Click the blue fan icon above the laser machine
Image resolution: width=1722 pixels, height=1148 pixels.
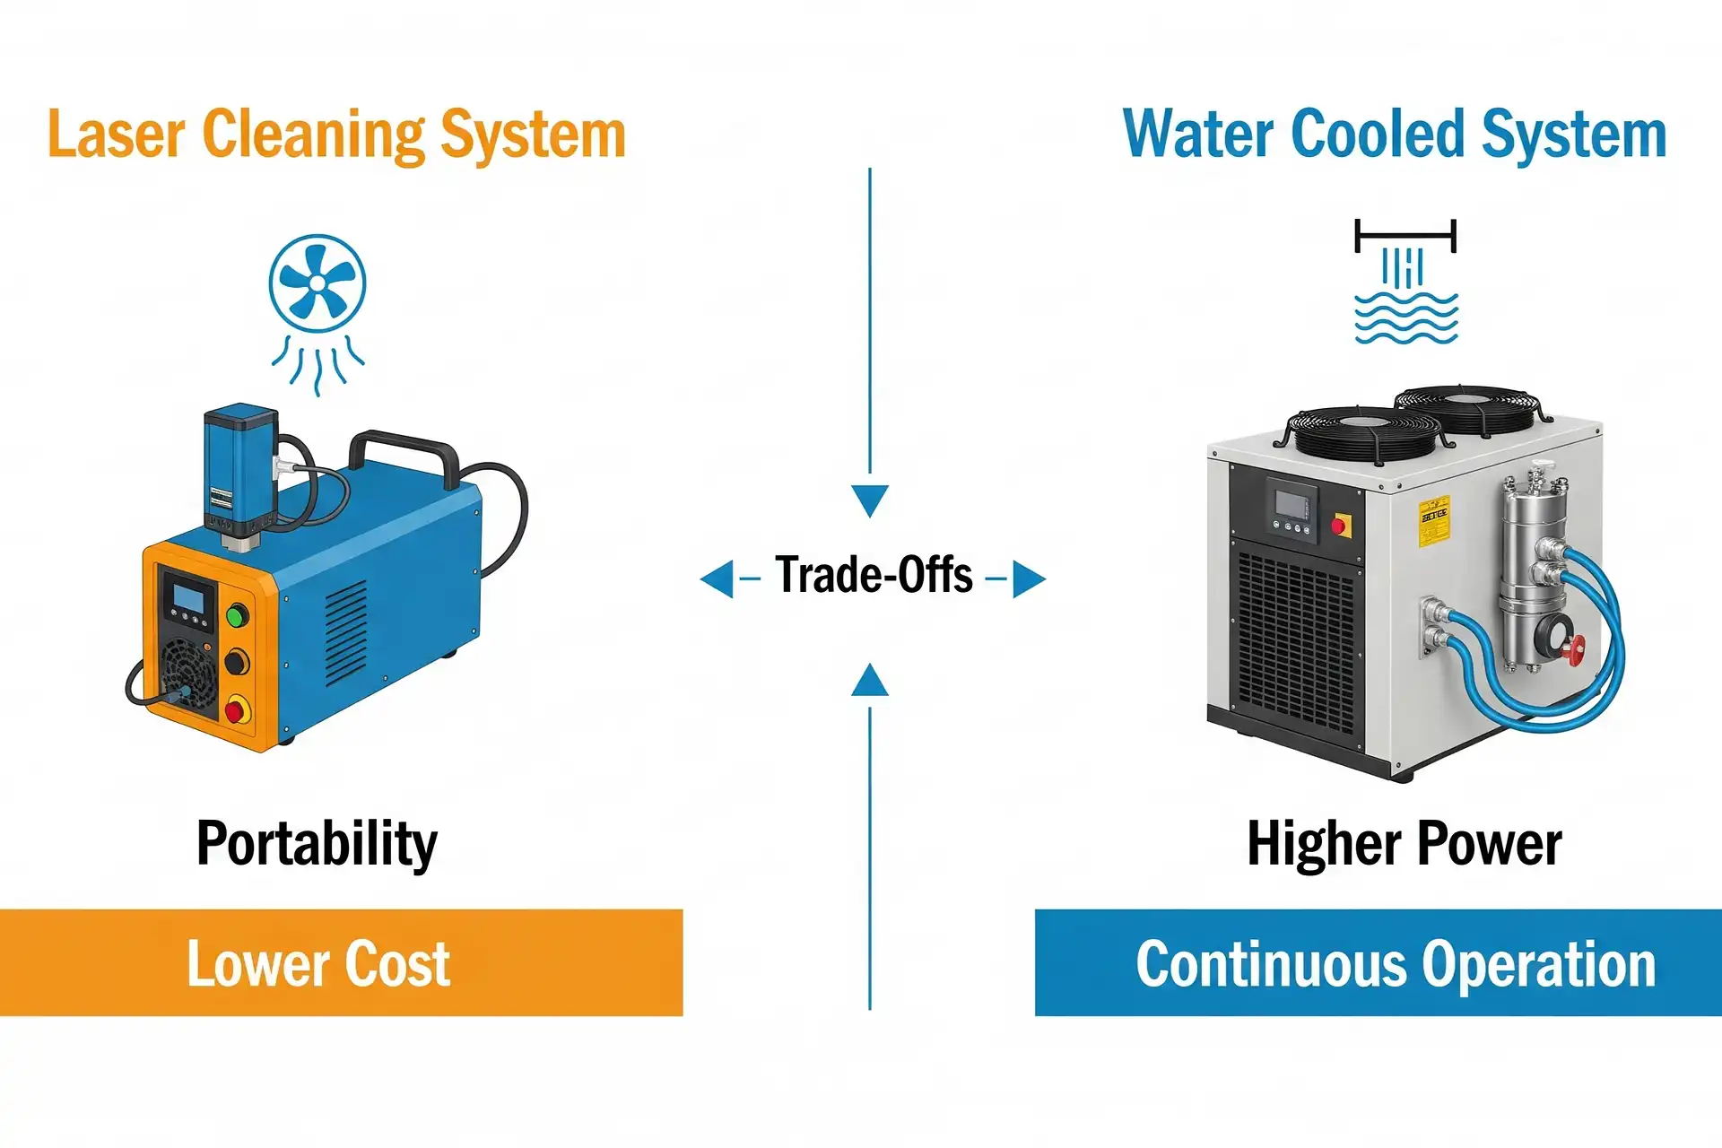pyautogui.click(x=317, y=283)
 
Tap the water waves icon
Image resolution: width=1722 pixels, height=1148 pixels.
pyautogui.click(x=1405, y=319)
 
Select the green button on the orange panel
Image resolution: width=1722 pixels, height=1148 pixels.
pyautogui.click(x=237, y=616)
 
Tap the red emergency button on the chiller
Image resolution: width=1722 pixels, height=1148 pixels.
pyautogui.click(x=1342, y=525)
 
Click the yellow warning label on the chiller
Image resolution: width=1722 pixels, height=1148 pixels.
pyautogui.click(x=1433, y=521)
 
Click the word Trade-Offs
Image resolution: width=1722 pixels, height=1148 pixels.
pyautogui.click(x=874, y=576)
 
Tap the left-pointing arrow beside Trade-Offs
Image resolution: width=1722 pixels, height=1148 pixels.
pyautogui.click(x=717, y=578)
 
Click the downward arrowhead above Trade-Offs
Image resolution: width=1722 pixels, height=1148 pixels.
pyautogui.click(x=869, y=500)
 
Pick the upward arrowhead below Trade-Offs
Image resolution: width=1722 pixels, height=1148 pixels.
pyautogui.click(x=869, y=681)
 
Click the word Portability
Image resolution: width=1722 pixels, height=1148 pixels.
pyautogui.click(x=317, y=844)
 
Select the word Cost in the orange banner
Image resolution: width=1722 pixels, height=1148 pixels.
pyautogui.click(x=396, y=964)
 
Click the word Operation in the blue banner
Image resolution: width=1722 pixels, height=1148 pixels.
pyautogui.click(x=1538, y=965)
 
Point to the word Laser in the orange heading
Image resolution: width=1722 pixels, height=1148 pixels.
pyautogui.click(x=116, y=135)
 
